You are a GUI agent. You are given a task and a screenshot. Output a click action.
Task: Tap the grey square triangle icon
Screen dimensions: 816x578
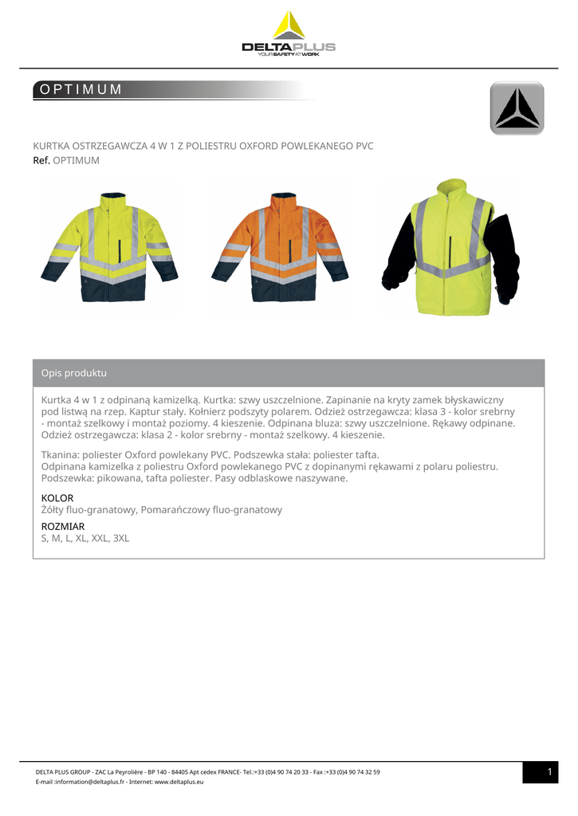tap(517, 108)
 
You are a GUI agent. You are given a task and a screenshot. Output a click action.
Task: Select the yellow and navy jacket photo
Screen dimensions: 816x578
tap(109, 246)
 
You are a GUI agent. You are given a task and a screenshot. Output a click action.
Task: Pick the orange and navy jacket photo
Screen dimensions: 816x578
tap(280, 246)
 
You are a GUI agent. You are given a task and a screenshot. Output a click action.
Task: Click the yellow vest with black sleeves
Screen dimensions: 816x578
tap(450, 247)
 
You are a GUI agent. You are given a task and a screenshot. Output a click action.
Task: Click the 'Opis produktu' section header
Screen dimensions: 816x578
tap(73, 373)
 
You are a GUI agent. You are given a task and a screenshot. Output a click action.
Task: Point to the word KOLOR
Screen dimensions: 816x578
tap(57, 498)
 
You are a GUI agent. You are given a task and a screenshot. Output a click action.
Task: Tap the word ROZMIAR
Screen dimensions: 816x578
tap(62, 527)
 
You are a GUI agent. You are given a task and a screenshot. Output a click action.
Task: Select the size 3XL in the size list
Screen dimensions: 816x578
tap(121, 539)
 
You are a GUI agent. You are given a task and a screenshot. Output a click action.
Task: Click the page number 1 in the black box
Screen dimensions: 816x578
tap(549, 771)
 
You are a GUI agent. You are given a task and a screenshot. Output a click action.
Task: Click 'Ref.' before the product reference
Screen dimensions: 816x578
tap(41, 160)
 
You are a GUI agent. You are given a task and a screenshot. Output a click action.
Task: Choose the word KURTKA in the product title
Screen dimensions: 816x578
tap(51, 146)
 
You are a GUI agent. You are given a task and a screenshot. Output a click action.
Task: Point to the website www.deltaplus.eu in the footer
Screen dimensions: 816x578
tap(179, 782)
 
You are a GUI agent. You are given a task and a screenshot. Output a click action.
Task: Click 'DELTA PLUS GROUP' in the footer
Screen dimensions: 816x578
tap(63, 771)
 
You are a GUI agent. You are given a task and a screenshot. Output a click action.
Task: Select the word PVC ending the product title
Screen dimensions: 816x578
tap(364, 146)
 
